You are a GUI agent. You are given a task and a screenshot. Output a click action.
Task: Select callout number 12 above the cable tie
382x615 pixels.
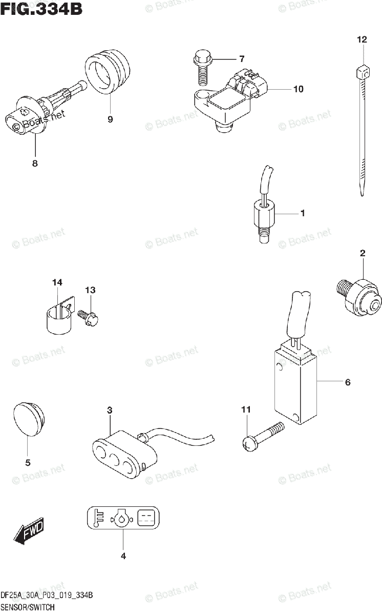[x=362, y=39]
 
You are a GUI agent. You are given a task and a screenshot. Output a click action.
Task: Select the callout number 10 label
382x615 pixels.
[x=298, y=89]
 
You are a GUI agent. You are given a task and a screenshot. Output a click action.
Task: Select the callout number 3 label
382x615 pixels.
[x=110, y=409]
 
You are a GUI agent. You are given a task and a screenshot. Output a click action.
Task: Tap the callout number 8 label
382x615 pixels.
[x=35, y=164]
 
